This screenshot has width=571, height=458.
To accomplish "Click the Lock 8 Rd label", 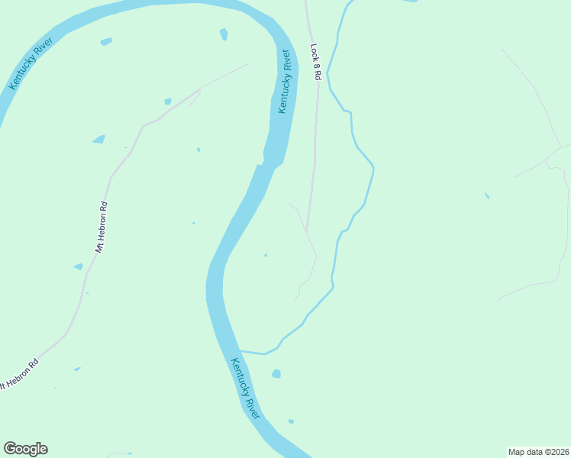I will point(316,62).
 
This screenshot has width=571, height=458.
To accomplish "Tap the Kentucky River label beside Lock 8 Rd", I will point(285,82).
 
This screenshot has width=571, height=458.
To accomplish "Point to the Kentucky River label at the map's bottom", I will point(246,388).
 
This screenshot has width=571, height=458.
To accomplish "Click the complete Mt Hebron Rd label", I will point(101,227).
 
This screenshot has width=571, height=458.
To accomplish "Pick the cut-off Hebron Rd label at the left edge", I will point(18,373).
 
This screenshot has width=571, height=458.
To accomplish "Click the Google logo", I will point(25,449).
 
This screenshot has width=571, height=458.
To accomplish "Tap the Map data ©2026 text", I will point(539,451).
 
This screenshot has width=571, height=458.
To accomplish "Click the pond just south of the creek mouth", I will point(276,373).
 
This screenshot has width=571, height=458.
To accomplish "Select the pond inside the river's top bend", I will point(224,34).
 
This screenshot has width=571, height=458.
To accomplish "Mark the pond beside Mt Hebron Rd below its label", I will point(78,266).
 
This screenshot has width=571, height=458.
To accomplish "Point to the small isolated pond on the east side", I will point(486,195).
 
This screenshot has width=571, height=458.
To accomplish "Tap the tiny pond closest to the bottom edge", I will point(291,421).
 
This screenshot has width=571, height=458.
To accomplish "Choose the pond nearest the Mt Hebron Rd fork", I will point(168,101).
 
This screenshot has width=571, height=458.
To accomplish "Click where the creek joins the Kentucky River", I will point(241,351).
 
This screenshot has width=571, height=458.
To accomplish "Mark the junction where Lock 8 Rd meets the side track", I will point(307,230).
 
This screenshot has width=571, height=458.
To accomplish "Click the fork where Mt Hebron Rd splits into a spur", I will point(201,89).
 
